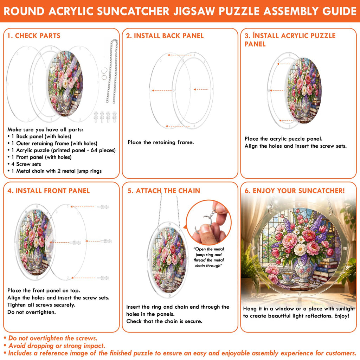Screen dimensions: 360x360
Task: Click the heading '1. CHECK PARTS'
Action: coord(34,36)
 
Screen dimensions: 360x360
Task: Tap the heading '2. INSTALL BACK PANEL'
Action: coord(165,36)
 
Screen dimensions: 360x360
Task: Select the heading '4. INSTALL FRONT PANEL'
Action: coord(49,191)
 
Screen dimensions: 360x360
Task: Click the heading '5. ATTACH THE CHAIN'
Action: coord(164,191)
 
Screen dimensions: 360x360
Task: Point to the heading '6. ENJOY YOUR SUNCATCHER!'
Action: coord(295,191)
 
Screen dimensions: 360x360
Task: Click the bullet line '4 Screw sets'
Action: coord(26,164)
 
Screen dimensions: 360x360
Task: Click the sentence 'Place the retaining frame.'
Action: coord(161,142)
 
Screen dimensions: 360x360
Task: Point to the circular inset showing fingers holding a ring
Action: coord(208,223)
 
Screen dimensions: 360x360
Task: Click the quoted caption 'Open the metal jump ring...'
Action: coord(208,257)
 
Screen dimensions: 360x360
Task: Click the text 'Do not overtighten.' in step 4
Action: coord(31,312)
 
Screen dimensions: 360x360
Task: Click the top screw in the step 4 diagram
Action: coord(103,207)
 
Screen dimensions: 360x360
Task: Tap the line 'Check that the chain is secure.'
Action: coord(165,321)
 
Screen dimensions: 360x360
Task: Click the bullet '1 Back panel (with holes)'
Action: coord(39,137)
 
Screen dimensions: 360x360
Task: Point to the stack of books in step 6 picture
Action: coord(324,271)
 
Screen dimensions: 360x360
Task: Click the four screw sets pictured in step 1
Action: coord(105,117)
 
